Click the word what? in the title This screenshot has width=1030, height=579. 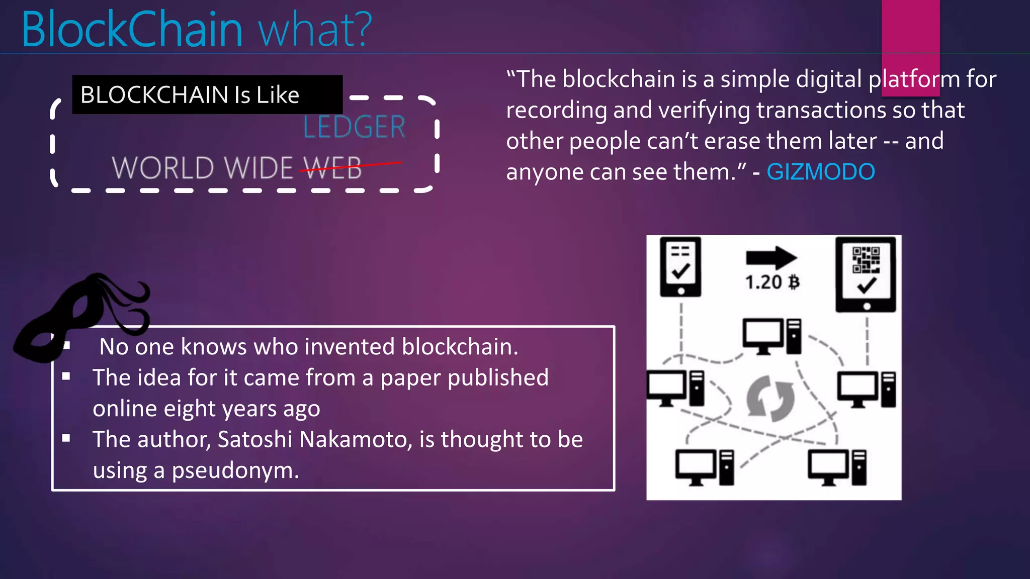(315, 30)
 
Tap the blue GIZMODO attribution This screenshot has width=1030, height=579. (820, 172)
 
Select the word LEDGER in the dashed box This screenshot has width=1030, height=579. (354, 127)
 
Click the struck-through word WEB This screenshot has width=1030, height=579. (333, 167)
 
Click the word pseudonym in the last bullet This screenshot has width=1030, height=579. (235, 470)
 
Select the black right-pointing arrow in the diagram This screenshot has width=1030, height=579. (771, 258)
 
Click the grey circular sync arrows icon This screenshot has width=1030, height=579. (770, 399)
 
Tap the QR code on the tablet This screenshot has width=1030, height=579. (866, 259)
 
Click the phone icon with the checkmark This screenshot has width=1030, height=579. (680, 267)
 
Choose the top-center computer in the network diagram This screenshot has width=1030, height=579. (771, 336)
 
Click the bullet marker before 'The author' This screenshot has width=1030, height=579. (66, 438)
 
